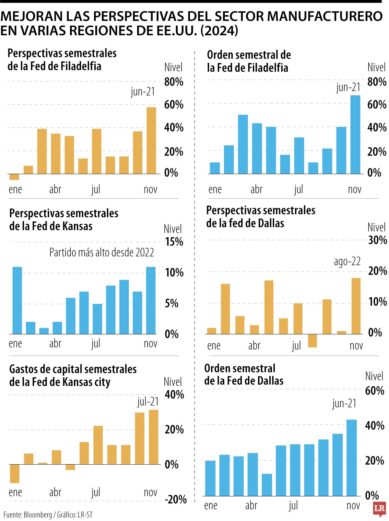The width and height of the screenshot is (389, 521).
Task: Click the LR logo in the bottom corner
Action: point(380,509)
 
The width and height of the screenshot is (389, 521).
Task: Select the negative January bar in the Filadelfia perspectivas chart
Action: point(14,177)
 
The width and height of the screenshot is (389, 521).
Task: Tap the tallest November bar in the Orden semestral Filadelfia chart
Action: point(355,135)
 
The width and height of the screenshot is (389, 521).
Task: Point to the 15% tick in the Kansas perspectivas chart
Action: point(174,242)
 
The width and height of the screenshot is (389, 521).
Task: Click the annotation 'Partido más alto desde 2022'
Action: point(101,253)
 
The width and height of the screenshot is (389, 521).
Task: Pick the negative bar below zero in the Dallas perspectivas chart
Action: point(312,341)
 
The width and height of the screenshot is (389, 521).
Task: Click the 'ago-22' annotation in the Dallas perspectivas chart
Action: point(347,261)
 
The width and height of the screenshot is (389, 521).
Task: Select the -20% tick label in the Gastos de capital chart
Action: point(175,500)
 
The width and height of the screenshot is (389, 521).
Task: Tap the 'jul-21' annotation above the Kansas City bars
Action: point(148,402)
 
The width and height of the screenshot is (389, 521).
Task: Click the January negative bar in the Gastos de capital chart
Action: point(15,474)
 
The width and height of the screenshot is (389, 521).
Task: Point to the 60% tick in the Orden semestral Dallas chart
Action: point(374,391)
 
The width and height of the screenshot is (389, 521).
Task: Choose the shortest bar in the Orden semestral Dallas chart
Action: point(267,485)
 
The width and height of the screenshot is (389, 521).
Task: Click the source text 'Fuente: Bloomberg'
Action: point(28,515)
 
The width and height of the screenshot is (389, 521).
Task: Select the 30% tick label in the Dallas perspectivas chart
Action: point(377,240)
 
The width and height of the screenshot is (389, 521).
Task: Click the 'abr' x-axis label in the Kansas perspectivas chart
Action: point(55,344)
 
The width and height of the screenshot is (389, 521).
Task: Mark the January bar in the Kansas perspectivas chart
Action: point(17,301)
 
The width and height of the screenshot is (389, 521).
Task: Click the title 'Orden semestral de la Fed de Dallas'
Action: point(243,375)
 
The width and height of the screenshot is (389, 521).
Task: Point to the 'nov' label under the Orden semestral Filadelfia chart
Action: point(355,189)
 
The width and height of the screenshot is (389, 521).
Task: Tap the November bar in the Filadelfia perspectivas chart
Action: point(151,140)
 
